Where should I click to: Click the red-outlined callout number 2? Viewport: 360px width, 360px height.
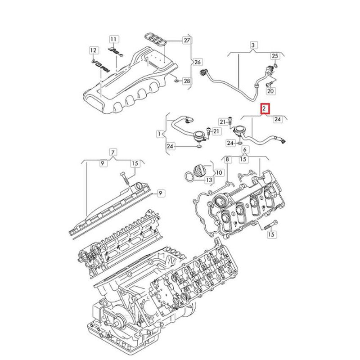click(x=265, y=108)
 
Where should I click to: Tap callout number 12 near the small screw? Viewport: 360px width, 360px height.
click(x=93, y=49)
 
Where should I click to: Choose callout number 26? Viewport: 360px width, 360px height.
click(x=197, y=62)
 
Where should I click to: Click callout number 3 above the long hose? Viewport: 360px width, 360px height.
click(x=253, y=45)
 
